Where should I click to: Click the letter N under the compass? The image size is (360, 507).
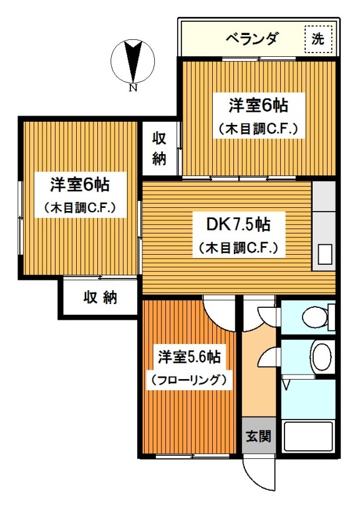click(132, 88)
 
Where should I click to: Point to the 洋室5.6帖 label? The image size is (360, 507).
click(188, 358)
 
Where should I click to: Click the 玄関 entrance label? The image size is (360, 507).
click(258, 436)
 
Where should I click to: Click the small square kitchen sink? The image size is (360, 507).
click(326, 254)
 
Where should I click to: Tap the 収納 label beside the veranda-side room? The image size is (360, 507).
click(160, 149)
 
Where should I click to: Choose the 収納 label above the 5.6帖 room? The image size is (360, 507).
click(100, 298)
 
